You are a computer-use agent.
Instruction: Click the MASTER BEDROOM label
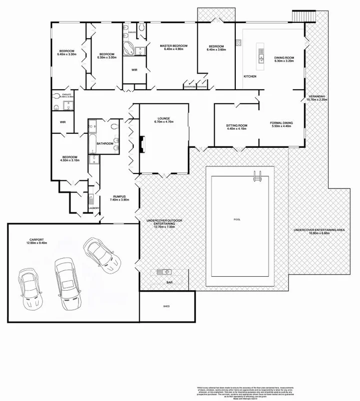[x=173, y=46]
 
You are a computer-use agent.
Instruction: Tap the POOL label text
[x=237, y=220]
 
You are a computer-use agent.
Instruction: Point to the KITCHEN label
[x=250, y=76]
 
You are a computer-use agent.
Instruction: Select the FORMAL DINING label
[x=282, y=123]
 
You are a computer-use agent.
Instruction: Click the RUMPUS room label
[x=119, y=196]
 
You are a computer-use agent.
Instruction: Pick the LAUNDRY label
[x=94, y=208]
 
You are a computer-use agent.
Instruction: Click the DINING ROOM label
[x=283, y=58]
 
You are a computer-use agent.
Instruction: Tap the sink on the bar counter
[x=164, y=272]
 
